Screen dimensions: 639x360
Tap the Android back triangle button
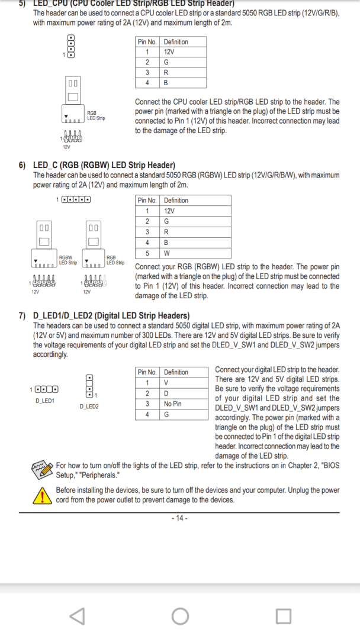coord(77,616)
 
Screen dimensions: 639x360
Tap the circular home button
coord(180,616)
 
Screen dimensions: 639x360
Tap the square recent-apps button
coord(284,616)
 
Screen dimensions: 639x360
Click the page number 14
coord(179,518)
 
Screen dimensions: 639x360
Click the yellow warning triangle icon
coord(43,495)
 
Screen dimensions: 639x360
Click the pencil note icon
coord(43,470)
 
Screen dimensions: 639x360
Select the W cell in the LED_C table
coord(166,253)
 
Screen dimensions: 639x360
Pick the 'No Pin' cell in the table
coord(173,404)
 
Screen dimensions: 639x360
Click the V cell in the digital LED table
coord(166,382)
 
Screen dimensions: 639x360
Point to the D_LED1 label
coord(45,401)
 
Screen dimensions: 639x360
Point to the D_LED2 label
coord(89,406)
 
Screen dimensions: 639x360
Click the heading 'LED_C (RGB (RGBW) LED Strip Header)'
coord(104,165)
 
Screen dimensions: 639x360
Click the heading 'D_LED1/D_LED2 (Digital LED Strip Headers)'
coord(111,315)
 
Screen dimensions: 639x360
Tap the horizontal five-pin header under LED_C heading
coord(76,199)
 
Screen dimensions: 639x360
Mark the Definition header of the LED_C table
coord(176,200)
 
